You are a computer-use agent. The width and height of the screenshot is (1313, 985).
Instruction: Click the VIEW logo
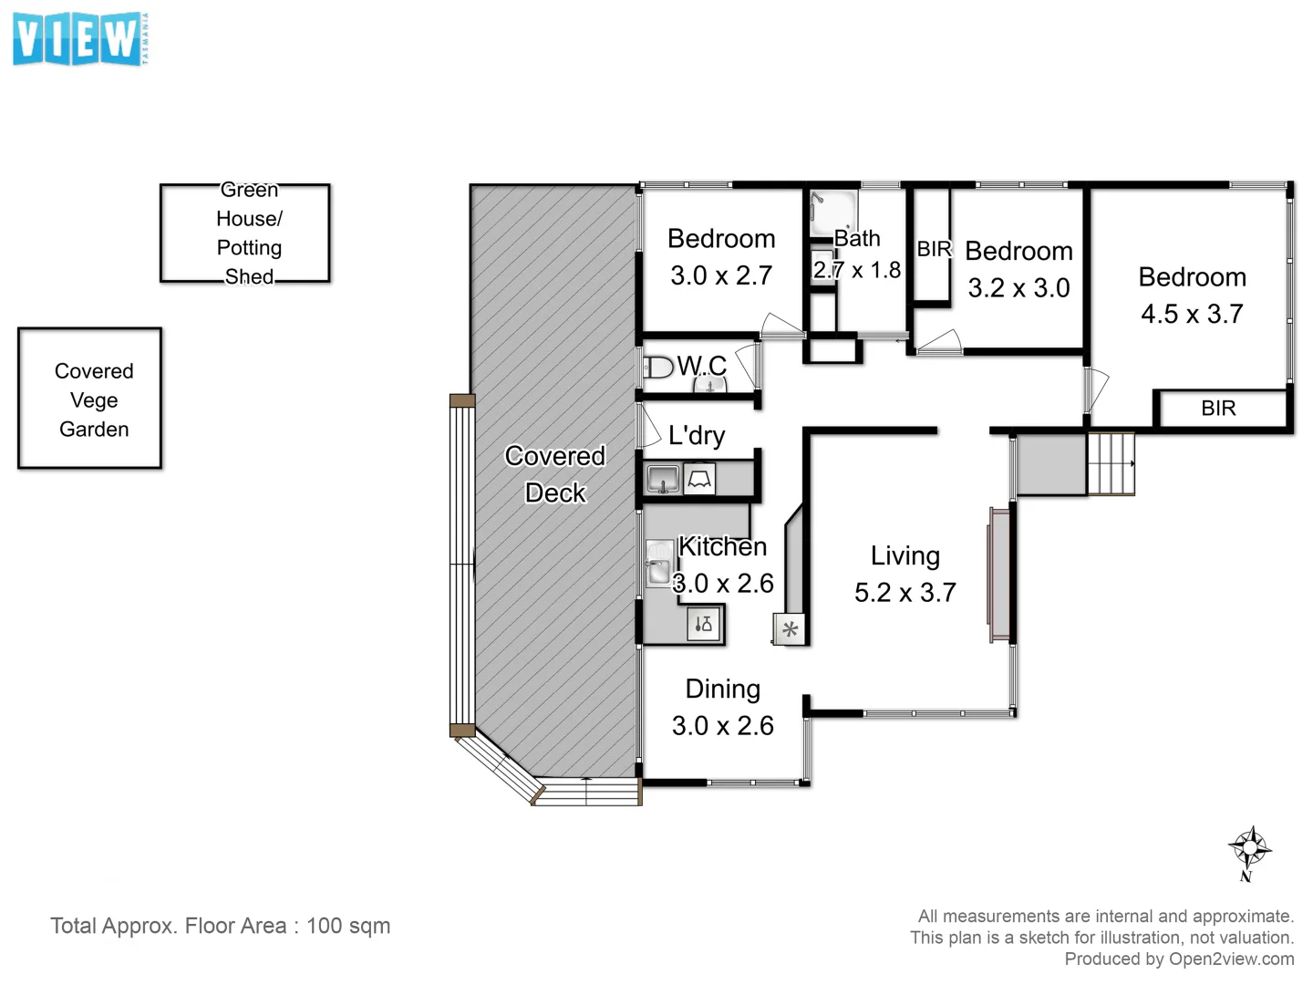(79, 39)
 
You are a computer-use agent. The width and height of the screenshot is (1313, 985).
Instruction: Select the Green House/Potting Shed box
(245, 233)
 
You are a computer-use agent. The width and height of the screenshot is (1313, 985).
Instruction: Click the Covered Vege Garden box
(90, 399)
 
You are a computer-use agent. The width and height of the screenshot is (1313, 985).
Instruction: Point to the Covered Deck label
(554, 473)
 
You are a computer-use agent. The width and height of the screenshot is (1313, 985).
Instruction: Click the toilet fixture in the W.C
(657, 368)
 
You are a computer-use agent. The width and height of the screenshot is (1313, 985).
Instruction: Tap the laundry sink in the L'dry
(663, 478)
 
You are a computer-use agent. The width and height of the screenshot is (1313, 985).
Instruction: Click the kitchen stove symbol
(704, 625)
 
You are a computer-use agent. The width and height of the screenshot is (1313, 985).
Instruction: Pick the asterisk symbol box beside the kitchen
(790, 629)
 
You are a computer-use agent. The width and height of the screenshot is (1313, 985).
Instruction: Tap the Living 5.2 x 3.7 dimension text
(905, 593)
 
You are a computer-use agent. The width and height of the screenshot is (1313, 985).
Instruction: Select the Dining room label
(722, 689)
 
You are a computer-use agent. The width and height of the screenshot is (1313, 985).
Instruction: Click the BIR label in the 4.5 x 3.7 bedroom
(1218, 409)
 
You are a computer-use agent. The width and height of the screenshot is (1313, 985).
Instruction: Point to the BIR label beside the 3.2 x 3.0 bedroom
(934, 249)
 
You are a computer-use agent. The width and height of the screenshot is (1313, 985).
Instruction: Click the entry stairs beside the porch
(1110, 464)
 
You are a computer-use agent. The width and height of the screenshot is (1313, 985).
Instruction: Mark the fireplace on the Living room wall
(999, 575)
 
